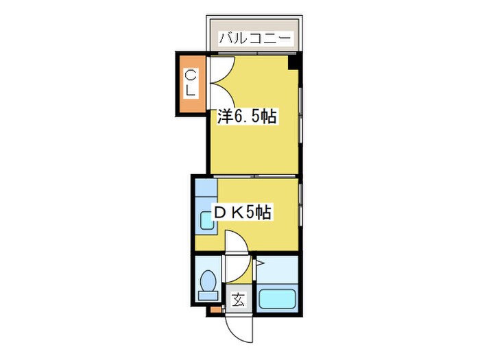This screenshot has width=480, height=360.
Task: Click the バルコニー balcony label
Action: tap(256, 38)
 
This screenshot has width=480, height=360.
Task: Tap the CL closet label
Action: tap(190, 82)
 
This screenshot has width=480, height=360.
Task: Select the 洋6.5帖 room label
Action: tap(247, 117)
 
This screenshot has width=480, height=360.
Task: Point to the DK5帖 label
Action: tap(243, 213)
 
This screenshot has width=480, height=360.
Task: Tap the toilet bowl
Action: tap(206, 282)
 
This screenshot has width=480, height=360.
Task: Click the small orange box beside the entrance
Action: tap(215, 311)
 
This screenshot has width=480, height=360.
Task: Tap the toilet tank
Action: tap(206, 296)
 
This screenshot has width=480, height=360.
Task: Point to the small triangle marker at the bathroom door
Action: tap(260, 261)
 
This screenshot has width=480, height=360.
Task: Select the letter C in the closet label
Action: tap(190, 74)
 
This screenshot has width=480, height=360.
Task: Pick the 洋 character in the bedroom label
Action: tap(224, 117)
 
